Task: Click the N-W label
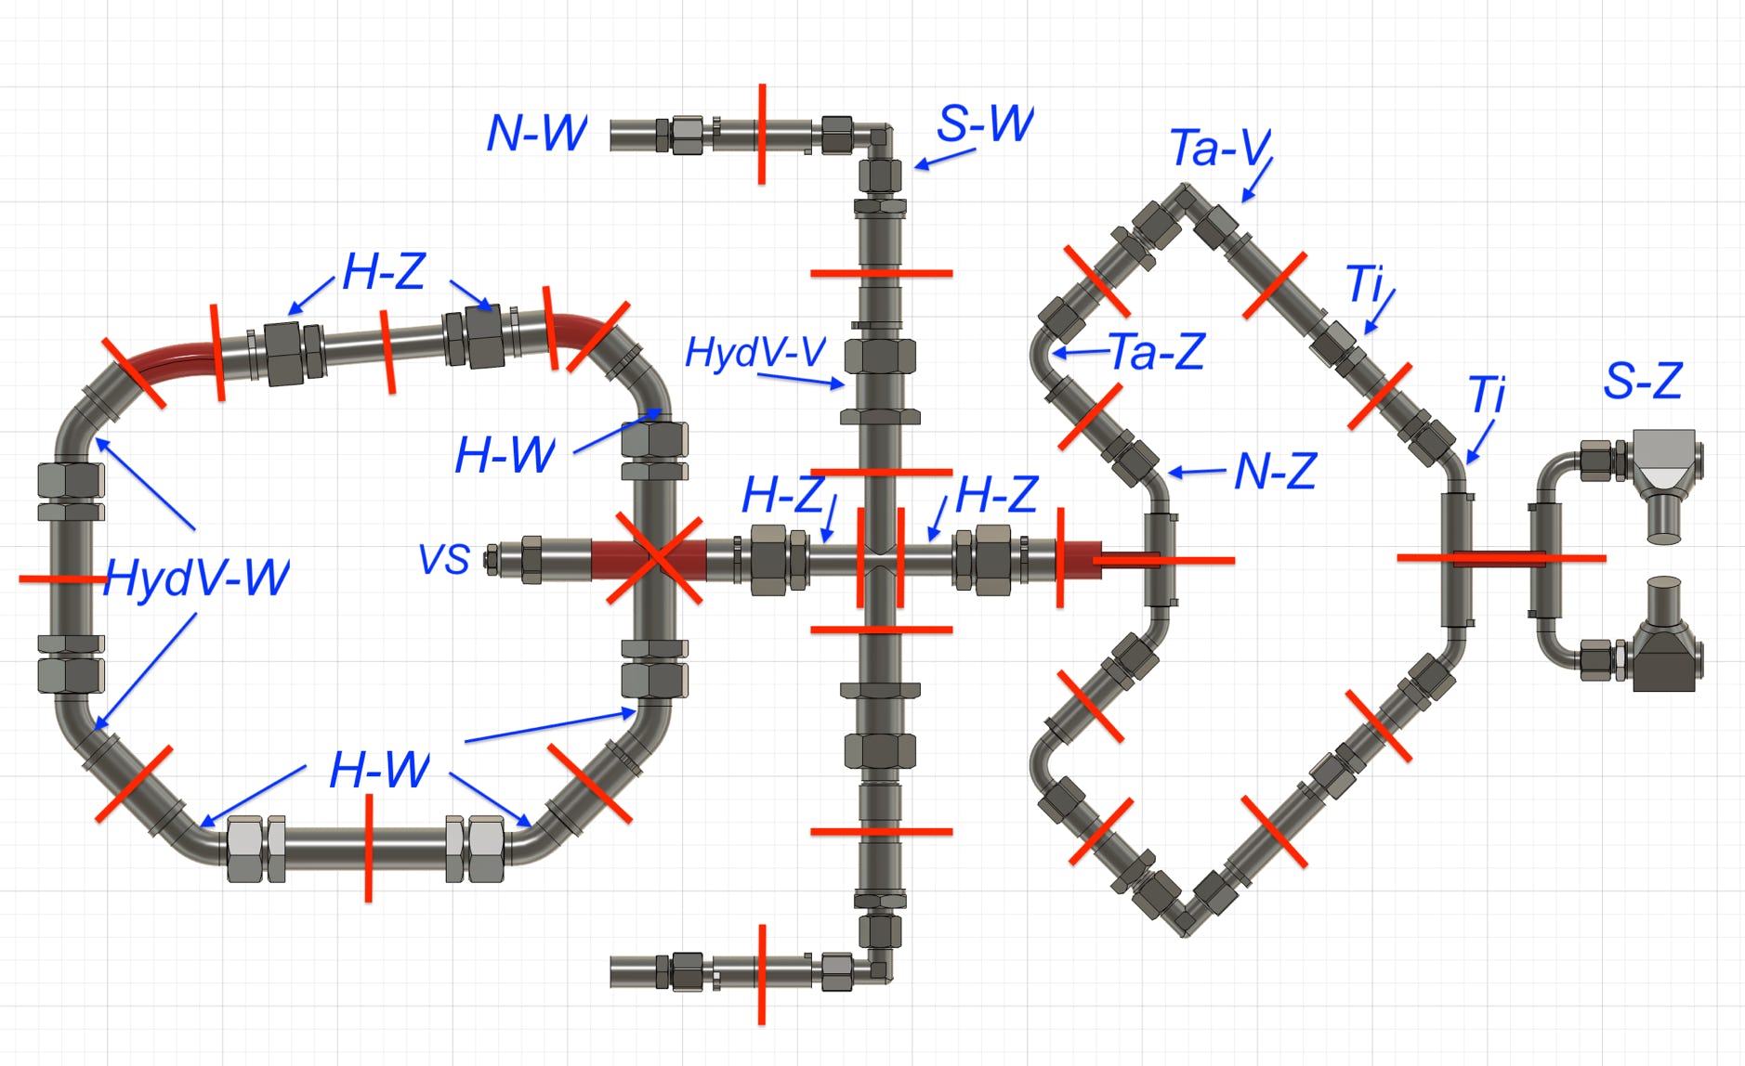536,133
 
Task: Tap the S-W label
985,123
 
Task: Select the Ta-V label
1219,148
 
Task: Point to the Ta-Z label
1157,352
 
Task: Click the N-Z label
1275,472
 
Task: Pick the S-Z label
1643,381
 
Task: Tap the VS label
444,560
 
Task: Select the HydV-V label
754,352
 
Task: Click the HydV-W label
197,578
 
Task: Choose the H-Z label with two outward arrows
384,272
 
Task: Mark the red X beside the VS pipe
656,559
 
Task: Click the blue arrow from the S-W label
944,159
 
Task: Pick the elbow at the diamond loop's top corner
1185,197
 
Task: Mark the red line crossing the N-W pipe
762,134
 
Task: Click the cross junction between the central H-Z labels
880,560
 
